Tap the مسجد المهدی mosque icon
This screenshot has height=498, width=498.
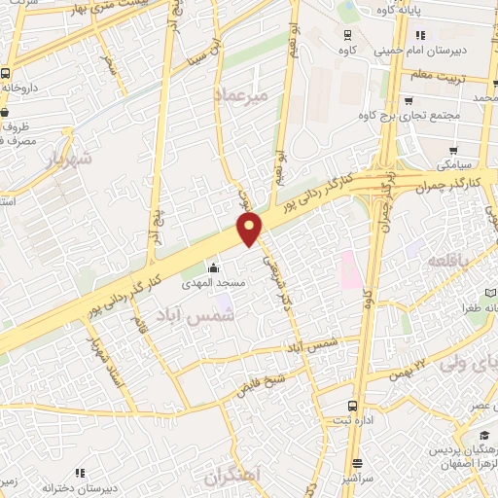tap(214, 268)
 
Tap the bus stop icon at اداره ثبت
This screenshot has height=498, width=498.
tap(352, 406)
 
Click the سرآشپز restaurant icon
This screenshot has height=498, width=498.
tap(358, 464)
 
